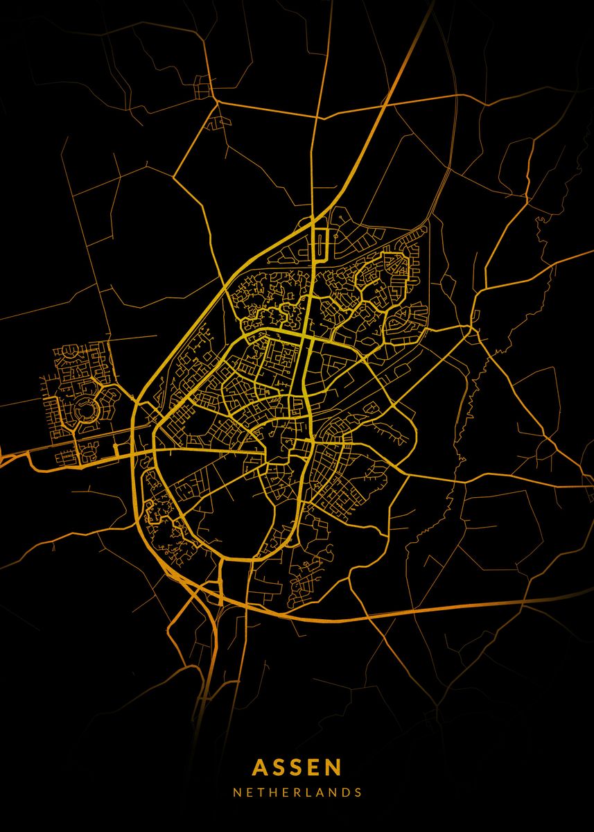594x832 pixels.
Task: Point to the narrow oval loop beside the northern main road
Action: (322, 242)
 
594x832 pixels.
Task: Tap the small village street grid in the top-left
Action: (204, 89)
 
